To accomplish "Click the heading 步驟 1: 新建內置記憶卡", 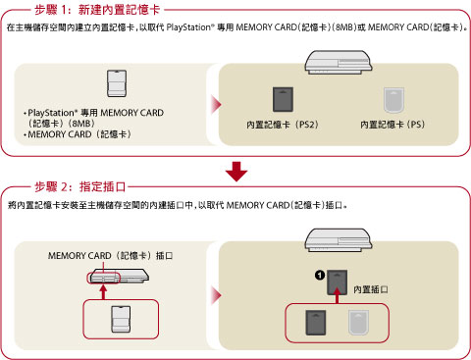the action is (97, 10).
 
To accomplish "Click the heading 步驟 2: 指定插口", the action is (80, 187).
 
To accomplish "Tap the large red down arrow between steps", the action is (236, 172).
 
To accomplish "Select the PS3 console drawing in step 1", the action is (339, 62).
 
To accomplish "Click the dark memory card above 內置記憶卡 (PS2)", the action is (283, 99).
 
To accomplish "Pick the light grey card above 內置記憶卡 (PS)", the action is (393, 100).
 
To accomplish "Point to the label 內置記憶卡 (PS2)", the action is (283, 125).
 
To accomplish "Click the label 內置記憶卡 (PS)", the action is (392, 125).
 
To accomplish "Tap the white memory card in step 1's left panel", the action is (117, 83).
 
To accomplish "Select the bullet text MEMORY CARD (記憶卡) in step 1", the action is (78, 134).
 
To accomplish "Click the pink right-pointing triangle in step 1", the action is (216, 105).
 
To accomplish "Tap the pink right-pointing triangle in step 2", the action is (216, 295).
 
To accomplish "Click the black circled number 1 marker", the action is (320, 276).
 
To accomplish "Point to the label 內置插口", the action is (371, 289).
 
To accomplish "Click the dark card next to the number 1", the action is (338, 283).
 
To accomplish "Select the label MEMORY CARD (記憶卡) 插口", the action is (110, 255).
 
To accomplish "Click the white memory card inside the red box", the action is (121, 320).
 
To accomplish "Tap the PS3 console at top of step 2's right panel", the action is (339, 240).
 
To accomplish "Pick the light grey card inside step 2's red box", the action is (359, 323).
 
